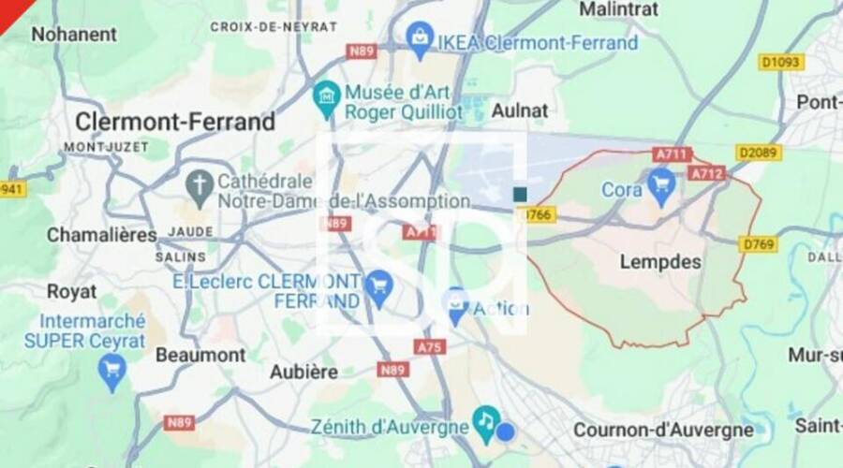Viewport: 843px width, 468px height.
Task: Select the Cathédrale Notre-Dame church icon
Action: [199, 187]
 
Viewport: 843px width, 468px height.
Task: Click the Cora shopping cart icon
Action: [661, 188]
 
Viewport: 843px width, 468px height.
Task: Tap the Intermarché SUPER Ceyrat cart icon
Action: [112, 373]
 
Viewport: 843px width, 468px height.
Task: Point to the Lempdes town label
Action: [660, 263]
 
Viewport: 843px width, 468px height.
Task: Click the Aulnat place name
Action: [520, 110]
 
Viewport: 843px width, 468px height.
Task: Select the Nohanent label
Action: [74, 35]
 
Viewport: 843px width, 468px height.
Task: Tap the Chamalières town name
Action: [101, 235]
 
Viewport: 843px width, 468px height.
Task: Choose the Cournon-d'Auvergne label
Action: [663, 430]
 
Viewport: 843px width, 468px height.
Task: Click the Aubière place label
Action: [304, 372]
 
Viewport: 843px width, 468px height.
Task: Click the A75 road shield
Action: [430, 346]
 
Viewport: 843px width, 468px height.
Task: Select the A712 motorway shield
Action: [706, 173]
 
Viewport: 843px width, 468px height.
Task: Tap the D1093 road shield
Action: [781, 62]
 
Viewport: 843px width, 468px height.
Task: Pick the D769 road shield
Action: [758, 244]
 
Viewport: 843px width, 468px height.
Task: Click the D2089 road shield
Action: [759, 152]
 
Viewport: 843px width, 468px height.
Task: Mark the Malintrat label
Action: [618, 9]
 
